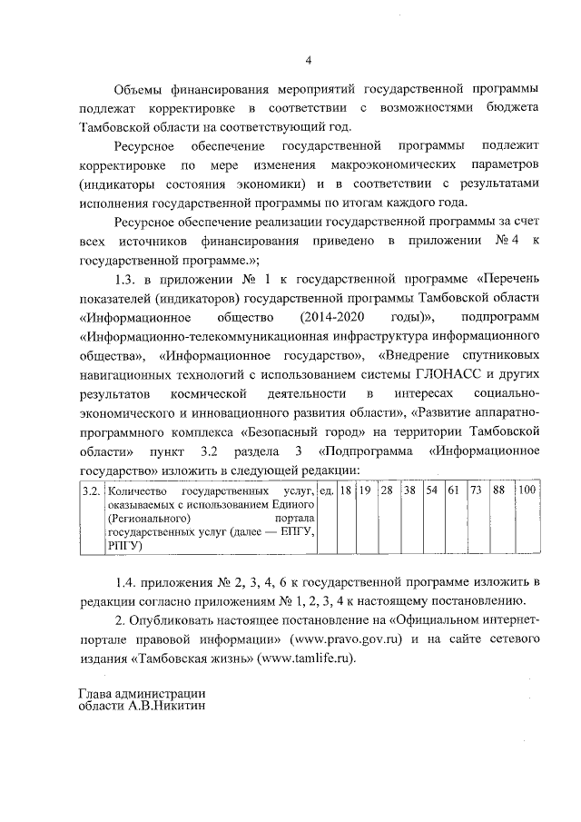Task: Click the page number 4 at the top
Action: click(x=308, y=61)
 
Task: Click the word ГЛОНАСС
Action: click(x=419, y=373)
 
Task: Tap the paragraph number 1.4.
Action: click(x=131, y=581)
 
